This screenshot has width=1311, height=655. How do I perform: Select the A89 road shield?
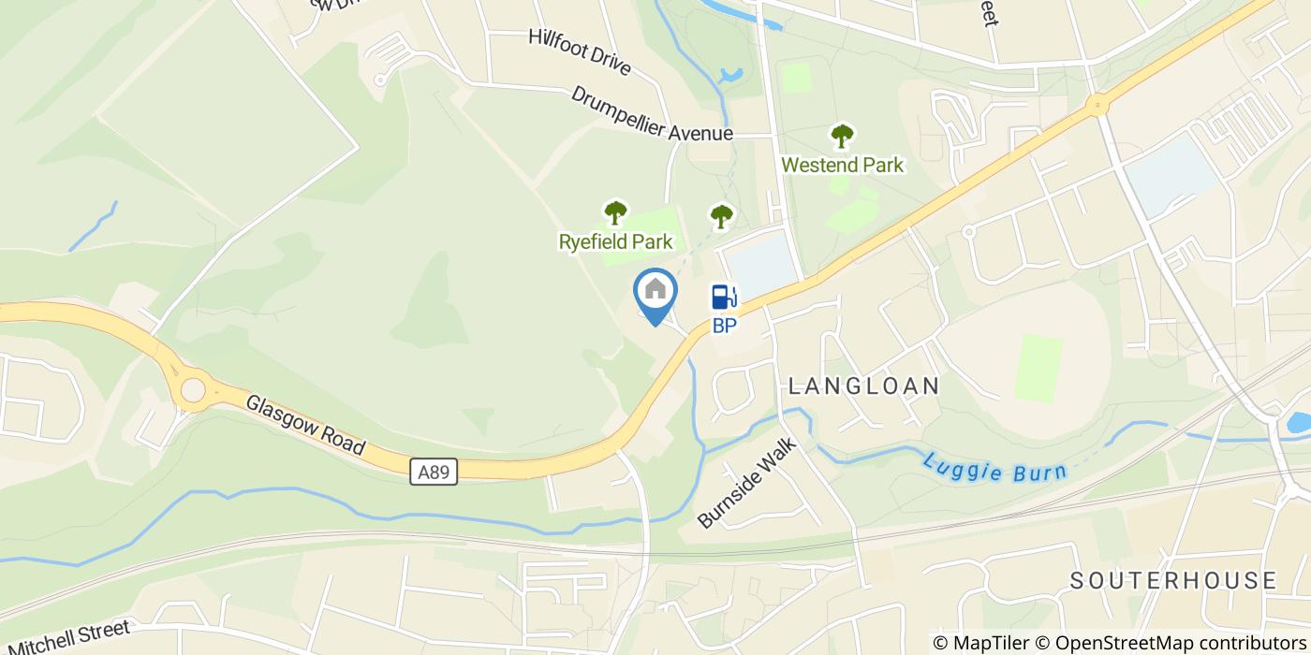point(434,473)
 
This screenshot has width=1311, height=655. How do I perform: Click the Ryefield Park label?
point(615,242)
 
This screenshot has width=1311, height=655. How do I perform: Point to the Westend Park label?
point(843,166)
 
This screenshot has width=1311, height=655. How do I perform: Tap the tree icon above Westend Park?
point(843,137)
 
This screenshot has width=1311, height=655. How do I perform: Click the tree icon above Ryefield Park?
point(615,213)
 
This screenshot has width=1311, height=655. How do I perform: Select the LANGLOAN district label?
point(863,386)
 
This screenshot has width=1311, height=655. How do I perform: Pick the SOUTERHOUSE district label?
point(1173,580)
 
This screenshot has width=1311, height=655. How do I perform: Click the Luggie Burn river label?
point(994,468)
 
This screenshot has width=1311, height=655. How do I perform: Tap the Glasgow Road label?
point(304,425)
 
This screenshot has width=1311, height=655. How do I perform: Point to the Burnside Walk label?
point(746,483)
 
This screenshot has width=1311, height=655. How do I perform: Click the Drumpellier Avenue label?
point(652,115)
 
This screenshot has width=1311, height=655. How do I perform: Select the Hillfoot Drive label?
point(579,51)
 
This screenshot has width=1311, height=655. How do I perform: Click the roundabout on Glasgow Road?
point(193,390)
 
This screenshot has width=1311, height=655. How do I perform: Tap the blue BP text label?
point(724,327)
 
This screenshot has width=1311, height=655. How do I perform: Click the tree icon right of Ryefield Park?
point(720,217)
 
